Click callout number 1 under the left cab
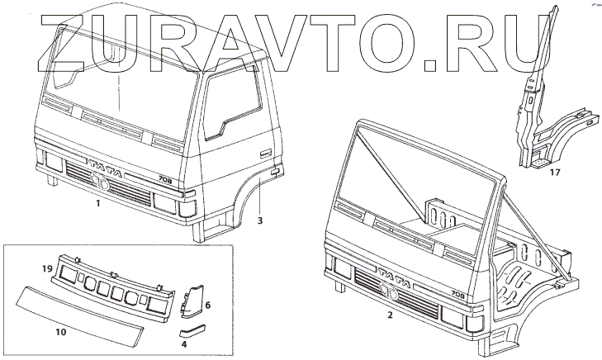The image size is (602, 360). pyautogui.click(x=97, y=202)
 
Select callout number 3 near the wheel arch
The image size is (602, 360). pyautogui.click(x=259, y=221)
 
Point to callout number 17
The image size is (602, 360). pyautogui.click(x=554, y=173)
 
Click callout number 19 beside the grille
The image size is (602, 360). pyautogui.click(x=48, y=269)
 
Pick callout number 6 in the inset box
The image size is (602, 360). pyautogui.click(x=208, y=305)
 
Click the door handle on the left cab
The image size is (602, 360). pyautogui.click(x=266, y=154)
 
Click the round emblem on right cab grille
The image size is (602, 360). pyautogui.click(x=392, y=296)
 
